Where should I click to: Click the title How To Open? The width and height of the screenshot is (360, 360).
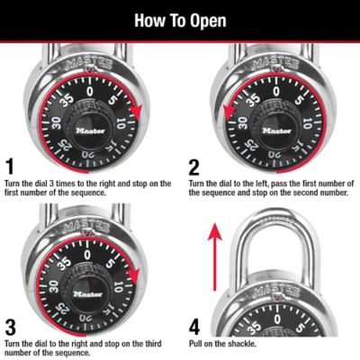180,20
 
